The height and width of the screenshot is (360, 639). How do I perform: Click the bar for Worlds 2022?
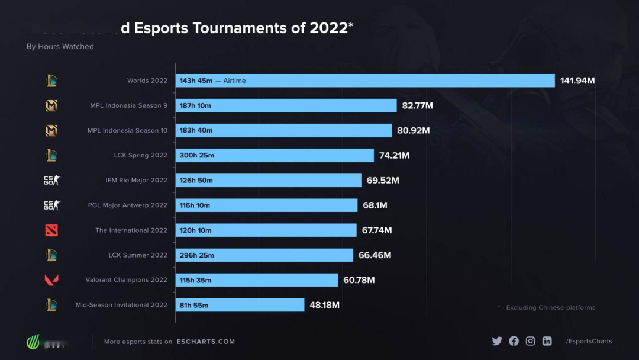pos(365,81)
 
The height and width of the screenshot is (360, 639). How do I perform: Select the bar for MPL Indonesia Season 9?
pos(286,105)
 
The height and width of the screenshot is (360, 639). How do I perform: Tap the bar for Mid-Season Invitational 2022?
pos(240,305)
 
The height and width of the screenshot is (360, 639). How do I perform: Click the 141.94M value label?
pos(577,81)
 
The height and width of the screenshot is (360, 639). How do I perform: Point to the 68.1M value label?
pos(375,205)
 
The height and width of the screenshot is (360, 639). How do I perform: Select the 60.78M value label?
pos(359,280)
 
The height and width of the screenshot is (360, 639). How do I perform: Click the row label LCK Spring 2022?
pos(141,155)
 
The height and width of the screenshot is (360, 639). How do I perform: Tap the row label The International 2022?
pos(131,230)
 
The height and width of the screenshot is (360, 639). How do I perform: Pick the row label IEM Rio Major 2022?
pos(136,181)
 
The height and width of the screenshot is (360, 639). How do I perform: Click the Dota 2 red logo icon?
pos(51,230)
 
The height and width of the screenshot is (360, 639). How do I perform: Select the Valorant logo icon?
pos(51,280)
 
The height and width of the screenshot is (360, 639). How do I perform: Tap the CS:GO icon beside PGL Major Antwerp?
pos(51,205)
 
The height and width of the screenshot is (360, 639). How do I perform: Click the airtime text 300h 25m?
pos(197,155)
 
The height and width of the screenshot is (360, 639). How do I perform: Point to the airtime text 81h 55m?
pos(194,306)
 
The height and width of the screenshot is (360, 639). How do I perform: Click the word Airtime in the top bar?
pos(234,81)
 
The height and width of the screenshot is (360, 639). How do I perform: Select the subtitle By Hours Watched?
pos(60,46)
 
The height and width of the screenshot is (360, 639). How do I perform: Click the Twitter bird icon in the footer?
pos(497,341)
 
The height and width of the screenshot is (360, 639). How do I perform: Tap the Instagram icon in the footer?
pos(531,341)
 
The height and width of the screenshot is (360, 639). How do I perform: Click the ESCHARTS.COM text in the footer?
pos(205,342)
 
